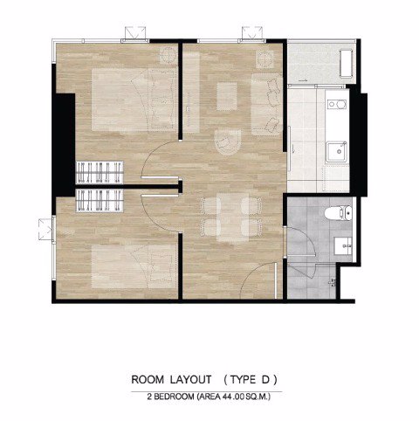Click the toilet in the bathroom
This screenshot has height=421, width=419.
(338, 213)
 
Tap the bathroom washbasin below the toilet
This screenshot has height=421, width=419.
(343, 245)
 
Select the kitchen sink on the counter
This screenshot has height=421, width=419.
(337, 152)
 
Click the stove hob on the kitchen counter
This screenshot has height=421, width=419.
(337, 104)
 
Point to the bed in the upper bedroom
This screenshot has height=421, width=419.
(134, 100)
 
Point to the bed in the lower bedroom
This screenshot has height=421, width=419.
(134, 266)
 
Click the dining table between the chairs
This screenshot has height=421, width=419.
(233, 217)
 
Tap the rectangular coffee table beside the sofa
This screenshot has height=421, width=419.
(227, 96)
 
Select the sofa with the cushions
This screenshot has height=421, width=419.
(266, 104)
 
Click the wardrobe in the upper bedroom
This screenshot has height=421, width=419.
(100, 172)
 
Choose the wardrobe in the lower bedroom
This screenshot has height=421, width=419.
(100, 201)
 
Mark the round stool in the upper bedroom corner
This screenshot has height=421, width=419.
(168, 55)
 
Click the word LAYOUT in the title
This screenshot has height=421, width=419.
(190, 380)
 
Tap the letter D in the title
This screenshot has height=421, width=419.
(265, 380)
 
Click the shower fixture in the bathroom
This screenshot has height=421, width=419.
(333, 282)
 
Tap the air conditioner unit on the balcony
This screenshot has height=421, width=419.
(347, 64)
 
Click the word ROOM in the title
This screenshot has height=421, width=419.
(148, 380)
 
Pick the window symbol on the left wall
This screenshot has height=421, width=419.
(46, 229)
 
